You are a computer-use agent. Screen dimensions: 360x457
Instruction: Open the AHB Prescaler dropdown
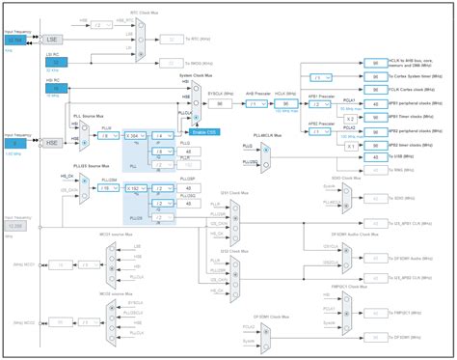(256, 103)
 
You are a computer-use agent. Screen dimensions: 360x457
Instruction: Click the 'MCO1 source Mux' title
(113, 235)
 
